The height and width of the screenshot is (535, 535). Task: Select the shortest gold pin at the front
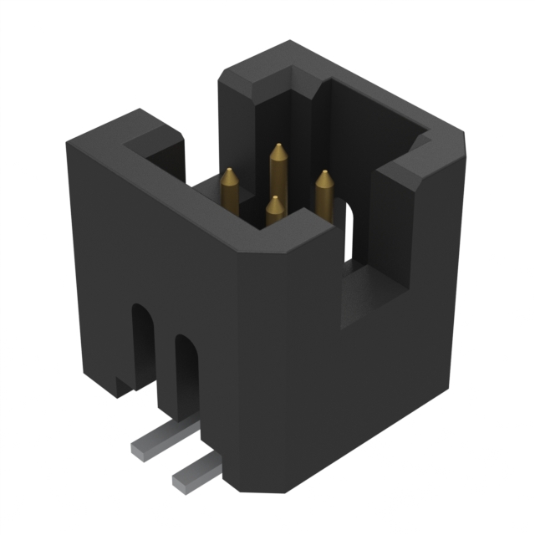[x=274, y=211]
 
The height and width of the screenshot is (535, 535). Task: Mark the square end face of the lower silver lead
[x=179, y=481]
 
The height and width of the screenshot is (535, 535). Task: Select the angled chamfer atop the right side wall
[x=410, y=171]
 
